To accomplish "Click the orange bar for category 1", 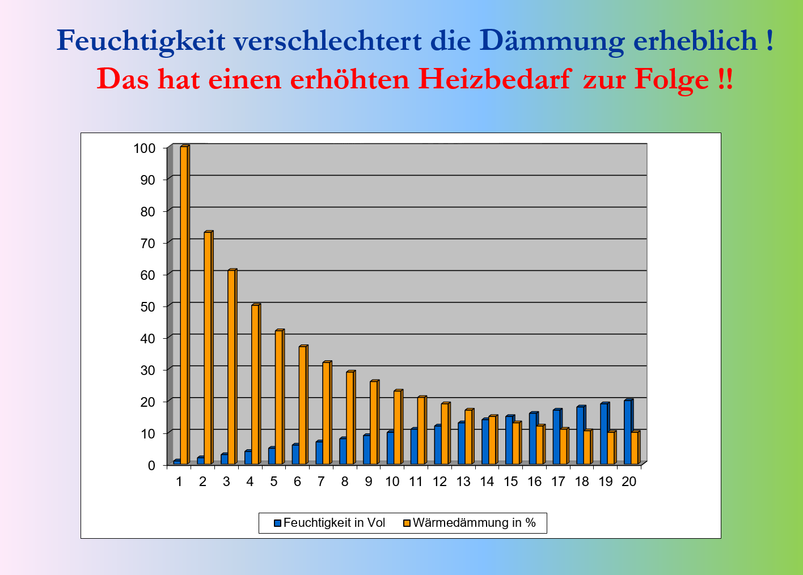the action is [x=185, y=305].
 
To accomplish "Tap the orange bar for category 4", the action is [x=256, y=384].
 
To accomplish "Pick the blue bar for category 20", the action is [x=628, y=432].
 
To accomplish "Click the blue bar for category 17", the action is [x=557, y=436].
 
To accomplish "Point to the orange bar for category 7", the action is [x=327, y=413].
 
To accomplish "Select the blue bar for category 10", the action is [x=391, y=448].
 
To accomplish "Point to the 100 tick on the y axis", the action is [x=165, y=148].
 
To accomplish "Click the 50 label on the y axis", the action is [x=147, y=307].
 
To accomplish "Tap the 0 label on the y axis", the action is [x=151, y=466].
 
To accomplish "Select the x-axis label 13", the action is [x=463, y=482].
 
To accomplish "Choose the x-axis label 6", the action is [x=297, y=482].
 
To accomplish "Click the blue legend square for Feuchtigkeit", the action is [x=277, y=523].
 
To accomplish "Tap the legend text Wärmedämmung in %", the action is [x=474, y=523].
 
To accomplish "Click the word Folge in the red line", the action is [x=671, y=80].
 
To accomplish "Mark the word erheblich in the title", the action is [x=695, y=40].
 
